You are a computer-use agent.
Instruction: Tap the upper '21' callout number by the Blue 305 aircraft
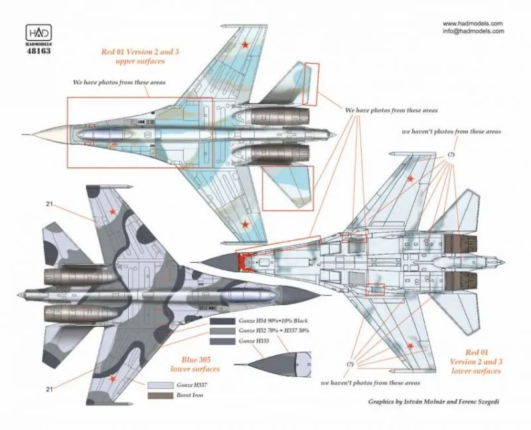click(x=51, y=204)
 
